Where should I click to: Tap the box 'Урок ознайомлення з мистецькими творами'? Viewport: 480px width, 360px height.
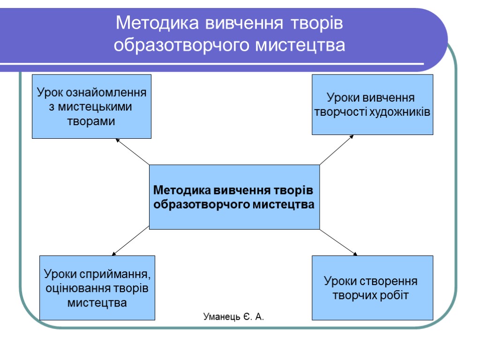pos(91,106)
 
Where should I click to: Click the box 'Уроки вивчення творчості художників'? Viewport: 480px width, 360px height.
pos(372,105)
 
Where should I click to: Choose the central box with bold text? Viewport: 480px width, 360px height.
pos(234,197)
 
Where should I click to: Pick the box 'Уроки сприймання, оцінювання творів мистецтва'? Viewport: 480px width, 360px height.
pos(97,288)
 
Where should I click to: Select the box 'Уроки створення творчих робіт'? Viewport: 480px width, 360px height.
pos(372,288)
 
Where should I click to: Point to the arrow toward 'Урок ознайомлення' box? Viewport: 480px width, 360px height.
pos(133,151)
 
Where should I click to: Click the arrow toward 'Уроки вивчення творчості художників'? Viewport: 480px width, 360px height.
pos(337,150)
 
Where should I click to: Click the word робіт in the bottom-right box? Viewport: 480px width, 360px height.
pos(397,296)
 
